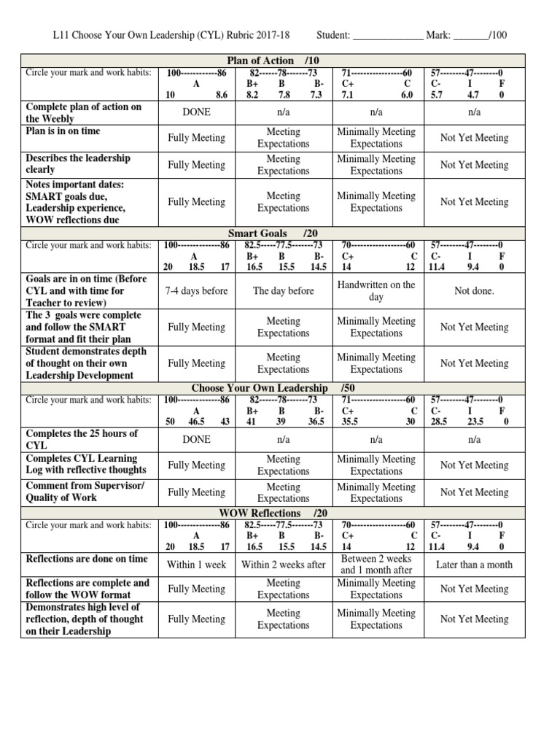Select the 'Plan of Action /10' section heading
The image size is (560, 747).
tap(271, 61)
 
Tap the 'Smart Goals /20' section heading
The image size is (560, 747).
tap(271, 233)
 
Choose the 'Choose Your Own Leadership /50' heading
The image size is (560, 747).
tap(271, 388)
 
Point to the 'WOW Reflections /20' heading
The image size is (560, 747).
tap(271, 513)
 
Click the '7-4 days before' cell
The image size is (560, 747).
tap(196, 291)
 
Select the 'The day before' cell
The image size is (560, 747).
tap(283, 291)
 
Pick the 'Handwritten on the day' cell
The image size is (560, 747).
tap(376, 291)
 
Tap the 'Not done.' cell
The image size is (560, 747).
tap(474, 291)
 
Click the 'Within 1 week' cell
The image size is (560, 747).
tap(196, 564)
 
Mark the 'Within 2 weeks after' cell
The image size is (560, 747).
tap(283, 564)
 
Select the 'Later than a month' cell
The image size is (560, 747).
tap(474, 564)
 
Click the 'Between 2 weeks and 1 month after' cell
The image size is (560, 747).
tap(376, 564)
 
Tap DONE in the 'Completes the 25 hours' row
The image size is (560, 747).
tap(196, 440)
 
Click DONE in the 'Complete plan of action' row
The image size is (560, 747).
tap(196, 112)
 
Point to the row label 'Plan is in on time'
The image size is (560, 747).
tap(63, 131)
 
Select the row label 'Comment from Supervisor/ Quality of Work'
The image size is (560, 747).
tap(85, 492)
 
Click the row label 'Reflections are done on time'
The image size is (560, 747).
tap(86, 559)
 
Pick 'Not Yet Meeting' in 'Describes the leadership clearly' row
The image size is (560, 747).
tap(474, 165)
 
